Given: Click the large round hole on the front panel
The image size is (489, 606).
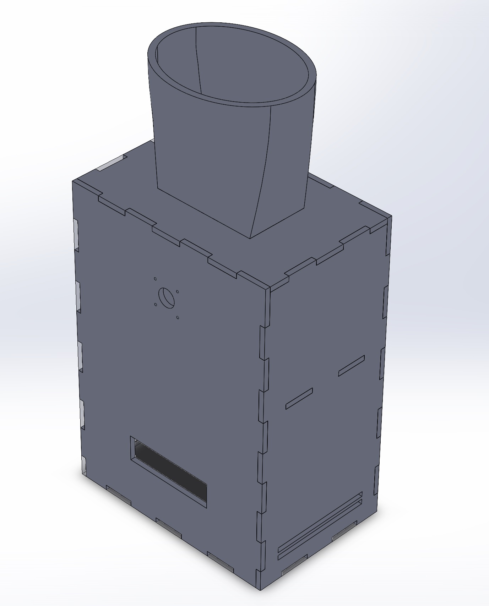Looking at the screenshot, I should [166, 297].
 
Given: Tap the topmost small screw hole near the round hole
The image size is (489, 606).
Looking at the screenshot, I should [155, 279].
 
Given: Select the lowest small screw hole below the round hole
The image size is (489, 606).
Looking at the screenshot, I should [178, 317].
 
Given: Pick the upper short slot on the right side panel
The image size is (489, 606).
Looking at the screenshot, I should [351, 365].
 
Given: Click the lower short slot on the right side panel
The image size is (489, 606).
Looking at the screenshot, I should [299, 398].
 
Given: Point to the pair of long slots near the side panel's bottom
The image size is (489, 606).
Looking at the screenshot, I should [320, 525].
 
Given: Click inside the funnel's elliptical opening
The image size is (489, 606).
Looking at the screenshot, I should [234, 67].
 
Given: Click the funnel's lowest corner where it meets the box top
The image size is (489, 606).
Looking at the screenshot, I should [251, 238].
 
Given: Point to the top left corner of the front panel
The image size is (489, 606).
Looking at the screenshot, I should [73, 181].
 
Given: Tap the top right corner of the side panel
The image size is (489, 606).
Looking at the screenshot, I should [391, 216].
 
